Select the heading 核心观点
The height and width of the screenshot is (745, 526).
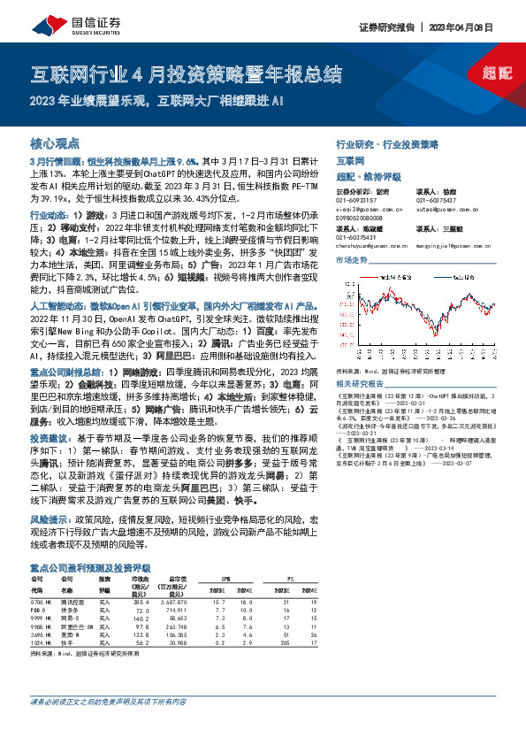tap(56, 142)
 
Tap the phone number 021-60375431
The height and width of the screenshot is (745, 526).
tap(357, 237)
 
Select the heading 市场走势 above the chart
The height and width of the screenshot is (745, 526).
tap(351, 262)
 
